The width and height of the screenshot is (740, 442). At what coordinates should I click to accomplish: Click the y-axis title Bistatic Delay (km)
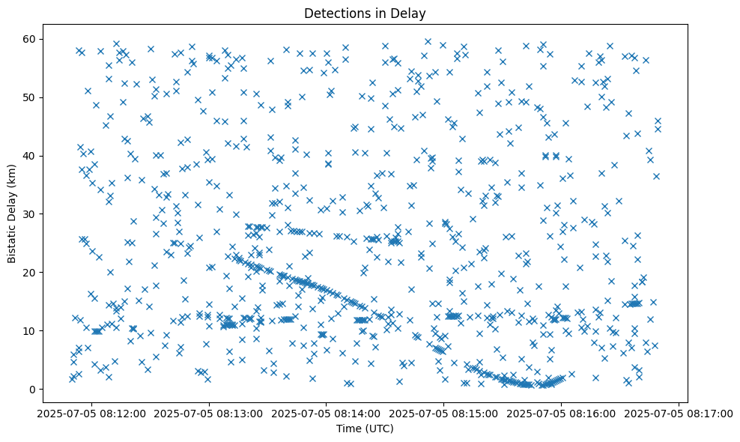click(12, 213)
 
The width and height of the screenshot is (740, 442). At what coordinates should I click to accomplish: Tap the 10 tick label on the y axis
click(49, 330)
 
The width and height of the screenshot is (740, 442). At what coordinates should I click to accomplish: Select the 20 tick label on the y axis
click(49, 272)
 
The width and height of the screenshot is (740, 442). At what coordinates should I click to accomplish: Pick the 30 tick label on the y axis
click(49, 214)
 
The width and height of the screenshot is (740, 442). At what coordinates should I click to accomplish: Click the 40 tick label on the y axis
click(49, 156)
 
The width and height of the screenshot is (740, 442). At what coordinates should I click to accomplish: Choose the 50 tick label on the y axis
click(49, 97)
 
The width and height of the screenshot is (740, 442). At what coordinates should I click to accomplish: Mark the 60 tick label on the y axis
click(49, 39)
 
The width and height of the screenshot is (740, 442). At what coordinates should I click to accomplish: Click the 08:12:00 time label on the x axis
click(91, 413)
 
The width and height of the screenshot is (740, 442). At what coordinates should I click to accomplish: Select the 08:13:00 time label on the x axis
click(209, 413)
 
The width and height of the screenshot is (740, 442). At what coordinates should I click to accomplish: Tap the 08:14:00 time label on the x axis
click(327, 413)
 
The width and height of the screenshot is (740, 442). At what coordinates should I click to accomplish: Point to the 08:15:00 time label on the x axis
click(444, 413)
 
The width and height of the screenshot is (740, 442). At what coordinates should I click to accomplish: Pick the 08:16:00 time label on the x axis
click(562, 413)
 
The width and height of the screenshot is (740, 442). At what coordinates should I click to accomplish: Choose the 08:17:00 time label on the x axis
click(679, 413)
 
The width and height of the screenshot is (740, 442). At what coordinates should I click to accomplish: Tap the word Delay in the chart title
click(408, 13)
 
